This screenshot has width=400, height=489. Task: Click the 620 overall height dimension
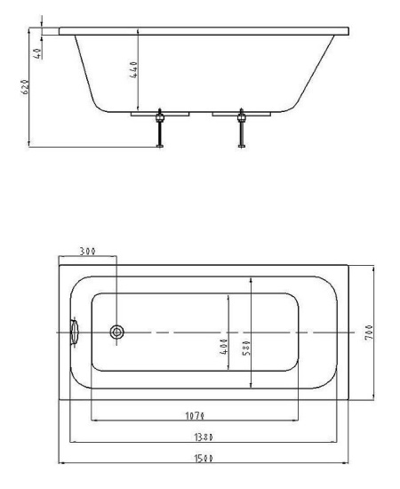pyautogui.click(x=25, y=87)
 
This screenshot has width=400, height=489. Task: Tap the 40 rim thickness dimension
pyautogui.click(x=37, y=53)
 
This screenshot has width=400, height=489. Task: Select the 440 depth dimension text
pyautogui.click(x=133, y=69)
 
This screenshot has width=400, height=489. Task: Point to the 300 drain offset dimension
pyautogui.click(x=88, y=251)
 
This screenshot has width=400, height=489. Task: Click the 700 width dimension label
pyautogui.click(x=369, y=333)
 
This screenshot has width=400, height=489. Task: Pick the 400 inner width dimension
pyautogui.click(x=224, y=347)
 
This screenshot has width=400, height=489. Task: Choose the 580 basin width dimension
pyautogui.click(x=246, y=348)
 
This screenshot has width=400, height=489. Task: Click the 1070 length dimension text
pyautogui.click(x=195, y=416)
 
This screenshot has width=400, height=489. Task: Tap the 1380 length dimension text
pyautogui.click(x=204, y=437)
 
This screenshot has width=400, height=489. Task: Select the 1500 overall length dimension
pyautogui.click(x=204, y=459)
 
